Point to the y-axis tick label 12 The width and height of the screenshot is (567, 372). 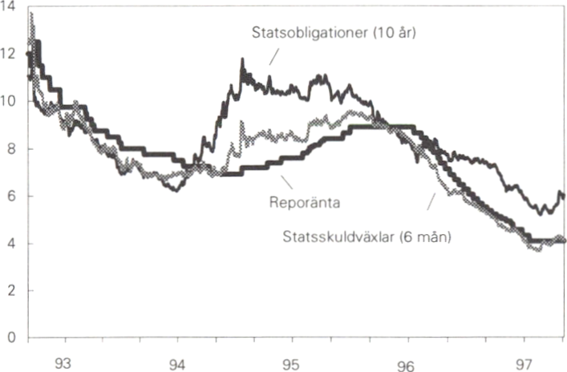[10, 55]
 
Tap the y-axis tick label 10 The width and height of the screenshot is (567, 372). [10, 102]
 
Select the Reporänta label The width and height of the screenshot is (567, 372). [306, 202]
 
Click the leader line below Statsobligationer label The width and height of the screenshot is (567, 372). [273, 56]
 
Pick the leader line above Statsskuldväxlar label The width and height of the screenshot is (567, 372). [432, 200]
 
